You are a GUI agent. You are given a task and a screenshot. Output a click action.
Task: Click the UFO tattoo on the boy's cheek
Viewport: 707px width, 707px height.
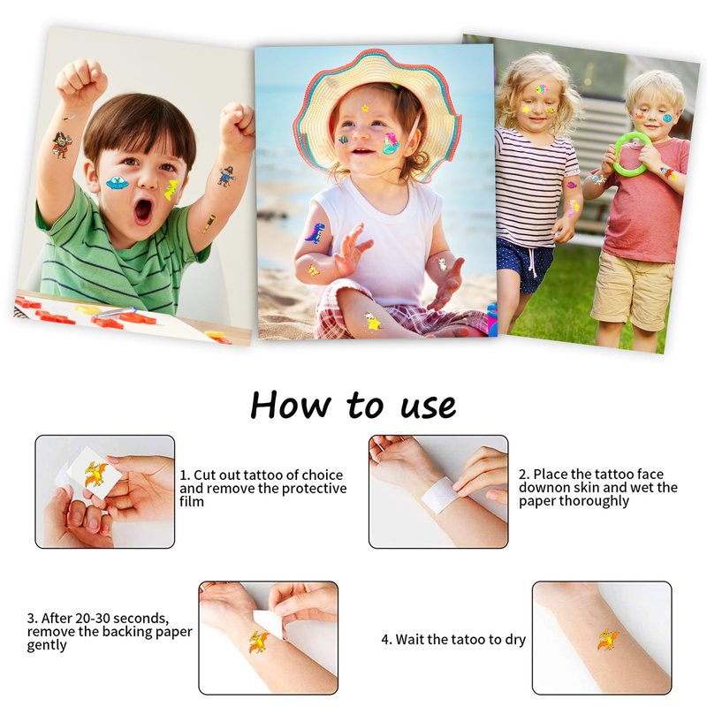coord(118,183)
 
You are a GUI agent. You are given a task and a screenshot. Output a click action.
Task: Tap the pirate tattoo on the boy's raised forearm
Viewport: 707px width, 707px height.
coord(60,144)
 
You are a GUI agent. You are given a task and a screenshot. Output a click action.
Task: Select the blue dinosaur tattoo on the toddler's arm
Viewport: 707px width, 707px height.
coord(315,232)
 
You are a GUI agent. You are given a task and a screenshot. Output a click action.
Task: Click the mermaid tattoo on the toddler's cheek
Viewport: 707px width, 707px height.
coord(391,143)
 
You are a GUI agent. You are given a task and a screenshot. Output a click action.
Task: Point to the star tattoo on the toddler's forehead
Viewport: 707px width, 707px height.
coord(365,108)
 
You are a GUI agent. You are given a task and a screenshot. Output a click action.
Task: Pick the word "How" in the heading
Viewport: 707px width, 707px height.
coord(291,404)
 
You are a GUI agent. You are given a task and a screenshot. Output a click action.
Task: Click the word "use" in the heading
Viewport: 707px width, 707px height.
coord(429,407)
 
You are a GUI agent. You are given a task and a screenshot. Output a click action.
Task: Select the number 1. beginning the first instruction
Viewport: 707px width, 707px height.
coord(185,475)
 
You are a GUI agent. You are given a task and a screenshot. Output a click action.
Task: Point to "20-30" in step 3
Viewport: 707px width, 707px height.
coord(95,618)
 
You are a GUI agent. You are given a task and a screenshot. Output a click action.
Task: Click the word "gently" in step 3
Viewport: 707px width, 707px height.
coord(47,646)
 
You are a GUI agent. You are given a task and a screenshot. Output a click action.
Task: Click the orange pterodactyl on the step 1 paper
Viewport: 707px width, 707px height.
coord(95,475)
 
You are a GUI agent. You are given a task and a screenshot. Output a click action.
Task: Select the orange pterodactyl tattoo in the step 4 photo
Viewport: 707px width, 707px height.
coord(608,640)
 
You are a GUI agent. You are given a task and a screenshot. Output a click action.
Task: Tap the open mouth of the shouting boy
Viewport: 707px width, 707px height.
coord(143,211)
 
